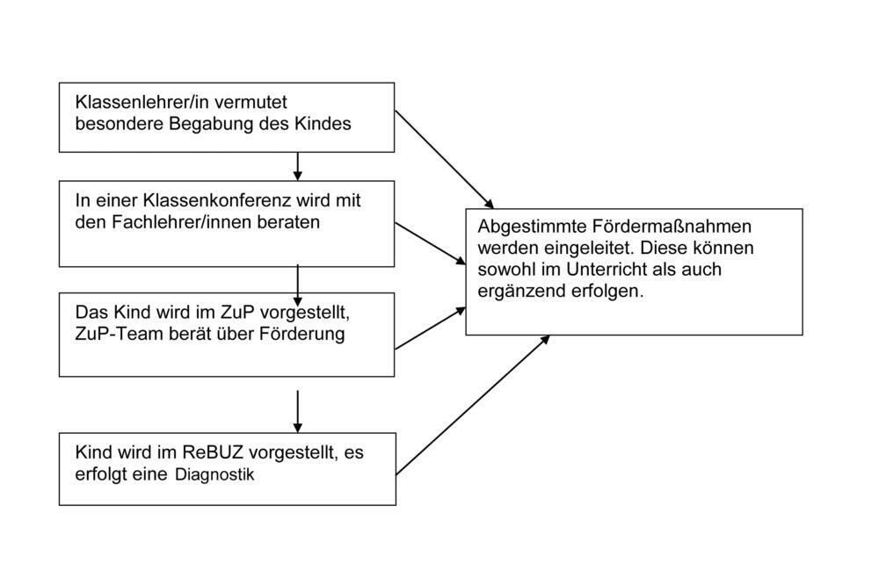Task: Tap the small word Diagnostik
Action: tap(214, 476)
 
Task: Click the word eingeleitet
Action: tap(581, 248)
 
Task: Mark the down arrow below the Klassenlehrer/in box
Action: tap(298, 166)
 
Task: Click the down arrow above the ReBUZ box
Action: tap(298, 411)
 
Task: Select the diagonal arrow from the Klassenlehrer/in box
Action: tap(444, 157)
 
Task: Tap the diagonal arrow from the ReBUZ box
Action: tap(473, 405)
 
